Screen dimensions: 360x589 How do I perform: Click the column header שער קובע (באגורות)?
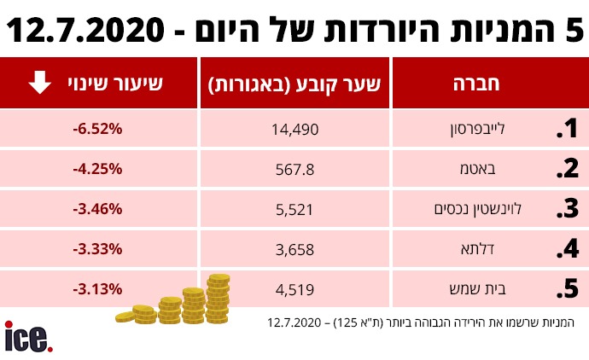(294, 84)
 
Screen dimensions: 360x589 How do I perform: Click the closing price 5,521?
(294, 208)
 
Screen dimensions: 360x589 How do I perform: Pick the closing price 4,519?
(294, 288)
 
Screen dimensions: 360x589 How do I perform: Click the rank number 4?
(567, 249)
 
